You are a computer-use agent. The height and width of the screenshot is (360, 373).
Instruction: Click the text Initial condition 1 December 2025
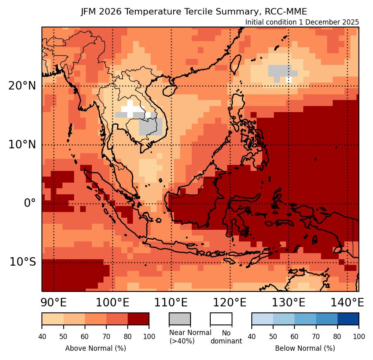tap(302, 22)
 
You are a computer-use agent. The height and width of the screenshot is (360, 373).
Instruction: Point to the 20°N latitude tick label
tap(22, 86)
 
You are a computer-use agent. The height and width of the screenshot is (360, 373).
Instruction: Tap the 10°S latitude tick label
tap(23, 262)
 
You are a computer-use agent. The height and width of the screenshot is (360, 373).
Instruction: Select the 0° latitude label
tap(30, 203)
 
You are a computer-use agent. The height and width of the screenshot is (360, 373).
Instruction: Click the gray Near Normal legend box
tap(180, 318)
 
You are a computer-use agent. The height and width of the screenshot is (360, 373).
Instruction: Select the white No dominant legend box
tap(221, 318)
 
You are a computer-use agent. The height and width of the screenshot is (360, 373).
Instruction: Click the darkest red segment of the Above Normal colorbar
tap(138, 318)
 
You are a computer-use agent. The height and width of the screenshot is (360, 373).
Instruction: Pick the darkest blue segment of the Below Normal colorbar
tap(348, 318)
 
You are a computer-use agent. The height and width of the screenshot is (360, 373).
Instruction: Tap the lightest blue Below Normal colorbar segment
tap(262, 318)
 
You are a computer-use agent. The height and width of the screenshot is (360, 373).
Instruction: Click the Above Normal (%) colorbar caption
tap(95, 348)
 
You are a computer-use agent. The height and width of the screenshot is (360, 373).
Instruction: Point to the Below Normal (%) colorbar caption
tap(305, 348)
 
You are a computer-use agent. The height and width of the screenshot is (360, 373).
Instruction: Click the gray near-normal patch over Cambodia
tap(151, 127)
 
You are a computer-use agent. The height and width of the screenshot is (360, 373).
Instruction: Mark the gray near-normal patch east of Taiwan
tap(280, 71)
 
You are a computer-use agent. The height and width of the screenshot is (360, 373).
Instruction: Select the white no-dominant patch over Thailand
tap(131, 108)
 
